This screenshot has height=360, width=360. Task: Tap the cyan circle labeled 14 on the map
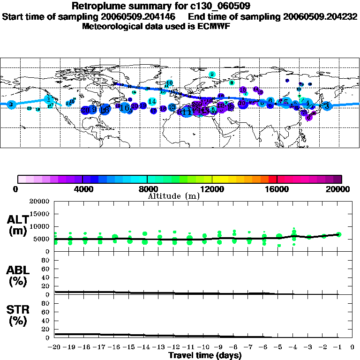point(152,101)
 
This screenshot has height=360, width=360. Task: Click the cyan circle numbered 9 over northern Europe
point(212,74)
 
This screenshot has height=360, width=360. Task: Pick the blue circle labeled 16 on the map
point(124,108)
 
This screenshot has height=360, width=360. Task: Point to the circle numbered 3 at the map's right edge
point(327,106)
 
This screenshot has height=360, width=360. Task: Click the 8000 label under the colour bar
point(147,189)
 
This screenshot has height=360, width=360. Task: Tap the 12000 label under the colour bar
point(212,189)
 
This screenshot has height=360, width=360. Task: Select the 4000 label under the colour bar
point(82,189)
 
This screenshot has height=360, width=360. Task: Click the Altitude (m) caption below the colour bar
point(173,196)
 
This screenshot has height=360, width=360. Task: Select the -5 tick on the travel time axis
point(278,347)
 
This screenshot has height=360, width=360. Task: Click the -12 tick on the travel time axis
point(174,347)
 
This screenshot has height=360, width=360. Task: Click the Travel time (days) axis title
point(205,355)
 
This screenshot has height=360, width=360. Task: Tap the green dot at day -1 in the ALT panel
point(339,234)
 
